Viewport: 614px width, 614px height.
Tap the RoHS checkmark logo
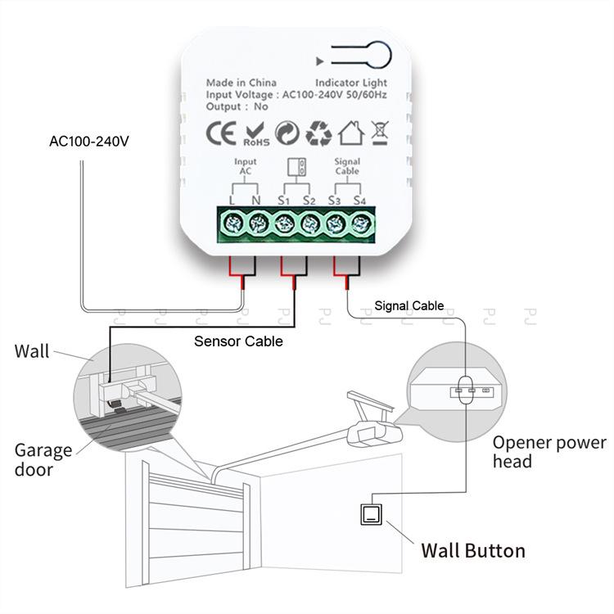pos(255,134)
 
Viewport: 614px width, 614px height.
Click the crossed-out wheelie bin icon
pos(379,133)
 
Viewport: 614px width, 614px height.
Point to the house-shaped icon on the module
pos(350,133)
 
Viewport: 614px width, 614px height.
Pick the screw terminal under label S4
pos(361,223)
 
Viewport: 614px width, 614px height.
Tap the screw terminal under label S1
pos(284,223)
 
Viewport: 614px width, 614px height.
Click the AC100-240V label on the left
pos(89,142)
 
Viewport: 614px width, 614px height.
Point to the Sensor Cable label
pos(238,341)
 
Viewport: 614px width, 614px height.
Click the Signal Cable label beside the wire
pos(409,306)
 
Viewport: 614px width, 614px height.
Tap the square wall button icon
pos(371,514)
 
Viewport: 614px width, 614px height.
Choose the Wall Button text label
pos(472,550)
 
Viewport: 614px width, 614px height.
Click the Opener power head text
pos(549,452)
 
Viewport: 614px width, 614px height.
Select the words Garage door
pos(43,460)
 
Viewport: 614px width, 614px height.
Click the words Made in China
pos(241,83)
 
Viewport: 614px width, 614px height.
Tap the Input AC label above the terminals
pos(245,167)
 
